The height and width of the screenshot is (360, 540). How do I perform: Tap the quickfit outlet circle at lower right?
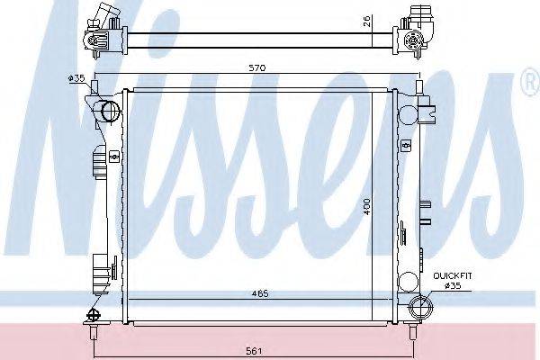(x=419, y=308)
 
